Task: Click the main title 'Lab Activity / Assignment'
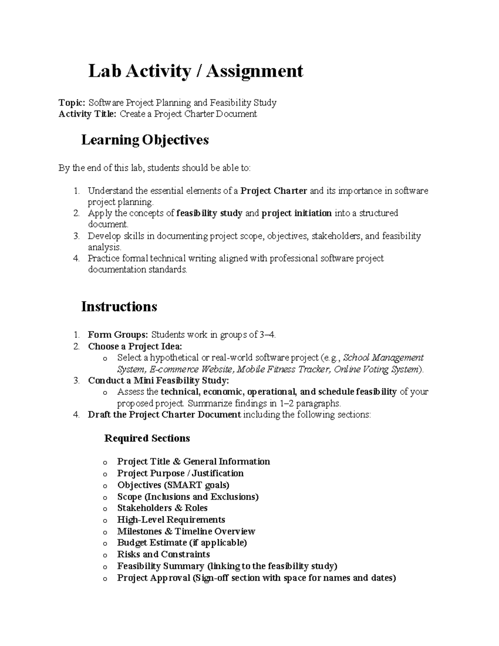point(195,71)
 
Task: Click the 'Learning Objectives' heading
point(145,140)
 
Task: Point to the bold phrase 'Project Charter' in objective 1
point(274,191)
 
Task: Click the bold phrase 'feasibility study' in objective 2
point(209,213)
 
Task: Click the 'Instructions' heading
point(119,307)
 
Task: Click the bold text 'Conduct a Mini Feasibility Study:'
point(158,381)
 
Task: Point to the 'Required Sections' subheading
point(147,438)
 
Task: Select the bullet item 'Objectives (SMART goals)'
point(173,485)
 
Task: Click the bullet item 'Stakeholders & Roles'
point(162,508)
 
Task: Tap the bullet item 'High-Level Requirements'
point(171,520)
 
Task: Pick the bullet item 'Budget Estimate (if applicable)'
point(182,543)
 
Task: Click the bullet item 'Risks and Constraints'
point(163,554)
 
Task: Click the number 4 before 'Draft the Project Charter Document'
point(76,415)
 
